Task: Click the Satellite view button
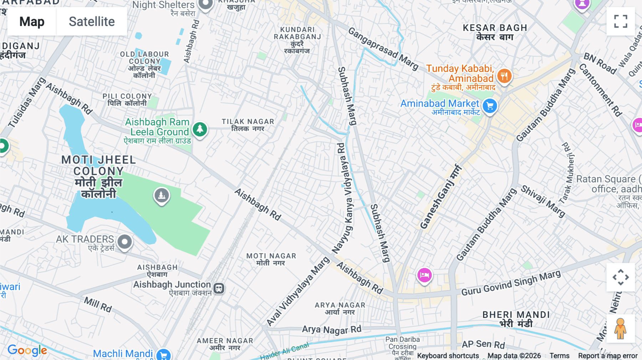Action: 92,22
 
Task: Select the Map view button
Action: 32,22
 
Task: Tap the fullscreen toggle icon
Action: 621,21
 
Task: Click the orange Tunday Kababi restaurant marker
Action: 504,76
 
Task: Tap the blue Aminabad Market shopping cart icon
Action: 490,106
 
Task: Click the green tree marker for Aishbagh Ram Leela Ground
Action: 200,129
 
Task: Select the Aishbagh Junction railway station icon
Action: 219,288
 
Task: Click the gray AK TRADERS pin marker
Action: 124,242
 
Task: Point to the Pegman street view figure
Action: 620,329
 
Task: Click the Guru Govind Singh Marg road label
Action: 511,284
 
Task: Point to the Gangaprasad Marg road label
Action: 383,48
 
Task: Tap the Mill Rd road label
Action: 98,304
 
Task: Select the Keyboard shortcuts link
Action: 448,356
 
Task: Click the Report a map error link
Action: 607,356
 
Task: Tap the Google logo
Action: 27,350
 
